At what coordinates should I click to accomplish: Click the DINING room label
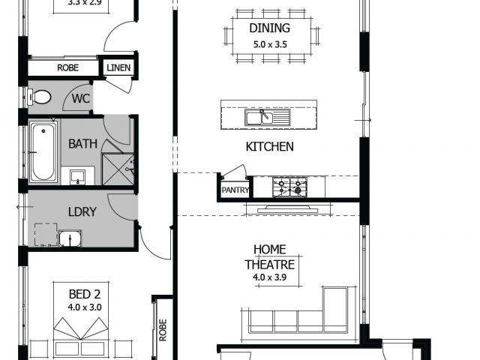coord(270,28)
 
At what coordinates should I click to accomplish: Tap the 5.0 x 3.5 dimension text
coord(270,45)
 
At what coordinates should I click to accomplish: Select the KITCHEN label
coord(270,147)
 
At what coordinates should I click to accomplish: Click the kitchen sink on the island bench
coord(267,117)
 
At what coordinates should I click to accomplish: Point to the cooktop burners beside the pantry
coord(290,187)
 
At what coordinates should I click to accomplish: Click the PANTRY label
coord(235,190)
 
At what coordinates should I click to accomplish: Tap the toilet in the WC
coord(39,97)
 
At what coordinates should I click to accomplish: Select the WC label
coord(81,98)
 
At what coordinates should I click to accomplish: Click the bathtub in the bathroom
coord(43,151)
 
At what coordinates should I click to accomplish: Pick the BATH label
coord(82,143)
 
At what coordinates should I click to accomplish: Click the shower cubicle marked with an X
coord(118,169)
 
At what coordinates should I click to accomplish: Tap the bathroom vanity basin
coord(77,177)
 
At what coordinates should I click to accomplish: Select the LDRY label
coord(82,211)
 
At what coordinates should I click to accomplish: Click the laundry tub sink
coord(70,238)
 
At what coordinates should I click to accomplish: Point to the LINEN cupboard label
coord(118,67)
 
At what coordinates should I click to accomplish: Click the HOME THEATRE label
coord(270,257)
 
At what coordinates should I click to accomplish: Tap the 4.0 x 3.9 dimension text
coord(270,277)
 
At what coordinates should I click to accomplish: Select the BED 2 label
coord(85,294)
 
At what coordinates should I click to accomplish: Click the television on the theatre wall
coord(288,209)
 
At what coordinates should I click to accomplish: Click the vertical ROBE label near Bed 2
coord(163,330)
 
